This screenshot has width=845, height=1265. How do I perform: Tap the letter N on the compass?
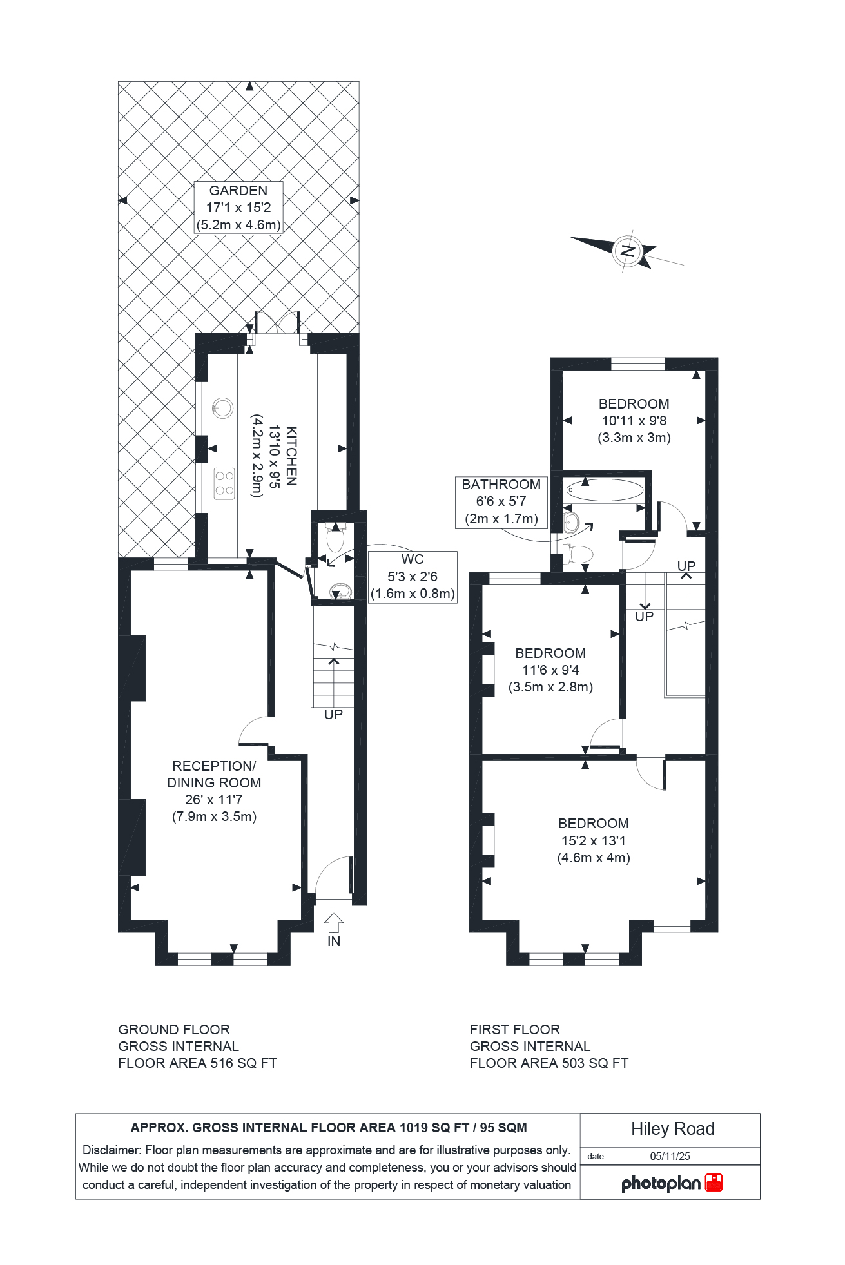[x=627, y=251]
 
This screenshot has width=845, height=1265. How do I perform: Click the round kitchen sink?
[x=222, y=407]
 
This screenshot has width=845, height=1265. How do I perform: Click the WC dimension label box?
[x=412, y=576]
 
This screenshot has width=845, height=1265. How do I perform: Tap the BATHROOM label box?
[x=501, y=501]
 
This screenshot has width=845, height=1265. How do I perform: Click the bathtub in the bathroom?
[x=605, y=490]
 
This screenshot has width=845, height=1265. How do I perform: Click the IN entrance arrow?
[x=333, y=923]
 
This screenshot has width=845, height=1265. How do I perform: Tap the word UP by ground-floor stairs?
[x=333, y=714]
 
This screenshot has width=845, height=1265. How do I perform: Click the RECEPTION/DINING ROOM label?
[x=214, y=791]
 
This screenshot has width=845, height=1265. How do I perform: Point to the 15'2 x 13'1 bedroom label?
[x=593, y=840]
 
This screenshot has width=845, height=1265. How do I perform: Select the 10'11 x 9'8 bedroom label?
[x=634, y=420]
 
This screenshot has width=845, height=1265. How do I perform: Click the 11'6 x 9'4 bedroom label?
[x=550, y=670]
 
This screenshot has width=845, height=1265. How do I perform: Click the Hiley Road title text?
[x=672, y=1128]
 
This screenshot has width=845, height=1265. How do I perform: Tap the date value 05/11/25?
[x=670, y=1156]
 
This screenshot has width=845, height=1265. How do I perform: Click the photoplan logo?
[x=671, y=1183]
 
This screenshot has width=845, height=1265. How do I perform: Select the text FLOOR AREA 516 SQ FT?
[x=197, y=1063]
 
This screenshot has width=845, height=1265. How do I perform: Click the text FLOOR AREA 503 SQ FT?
[x=549, y=1063]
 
